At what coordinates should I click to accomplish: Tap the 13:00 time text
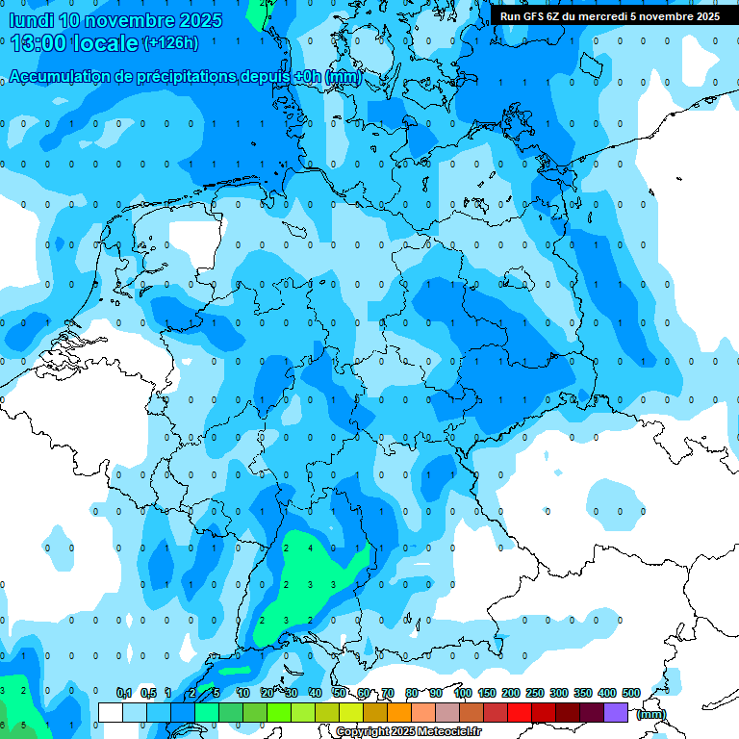(39, 42)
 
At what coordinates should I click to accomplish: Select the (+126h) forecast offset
(171, 43)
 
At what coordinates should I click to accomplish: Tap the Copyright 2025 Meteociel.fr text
(408, 732)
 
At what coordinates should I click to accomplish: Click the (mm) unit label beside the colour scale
(650, 714)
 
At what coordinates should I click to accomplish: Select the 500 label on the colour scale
(631, 693)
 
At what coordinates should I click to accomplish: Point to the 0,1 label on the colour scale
(124, 693)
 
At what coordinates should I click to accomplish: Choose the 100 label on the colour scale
(463, 693)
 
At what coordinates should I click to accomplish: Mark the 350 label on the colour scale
(583, 693)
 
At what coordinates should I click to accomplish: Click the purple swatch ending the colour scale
(616, 712)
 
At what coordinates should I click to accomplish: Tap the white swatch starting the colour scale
(110, 712)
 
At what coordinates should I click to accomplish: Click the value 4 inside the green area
(310, 548)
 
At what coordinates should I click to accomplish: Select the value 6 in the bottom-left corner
(3, 724)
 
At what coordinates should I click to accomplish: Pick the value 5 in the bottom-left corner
(24, 724)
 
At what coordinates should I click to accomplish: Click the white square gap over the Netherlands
(195, 246)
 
